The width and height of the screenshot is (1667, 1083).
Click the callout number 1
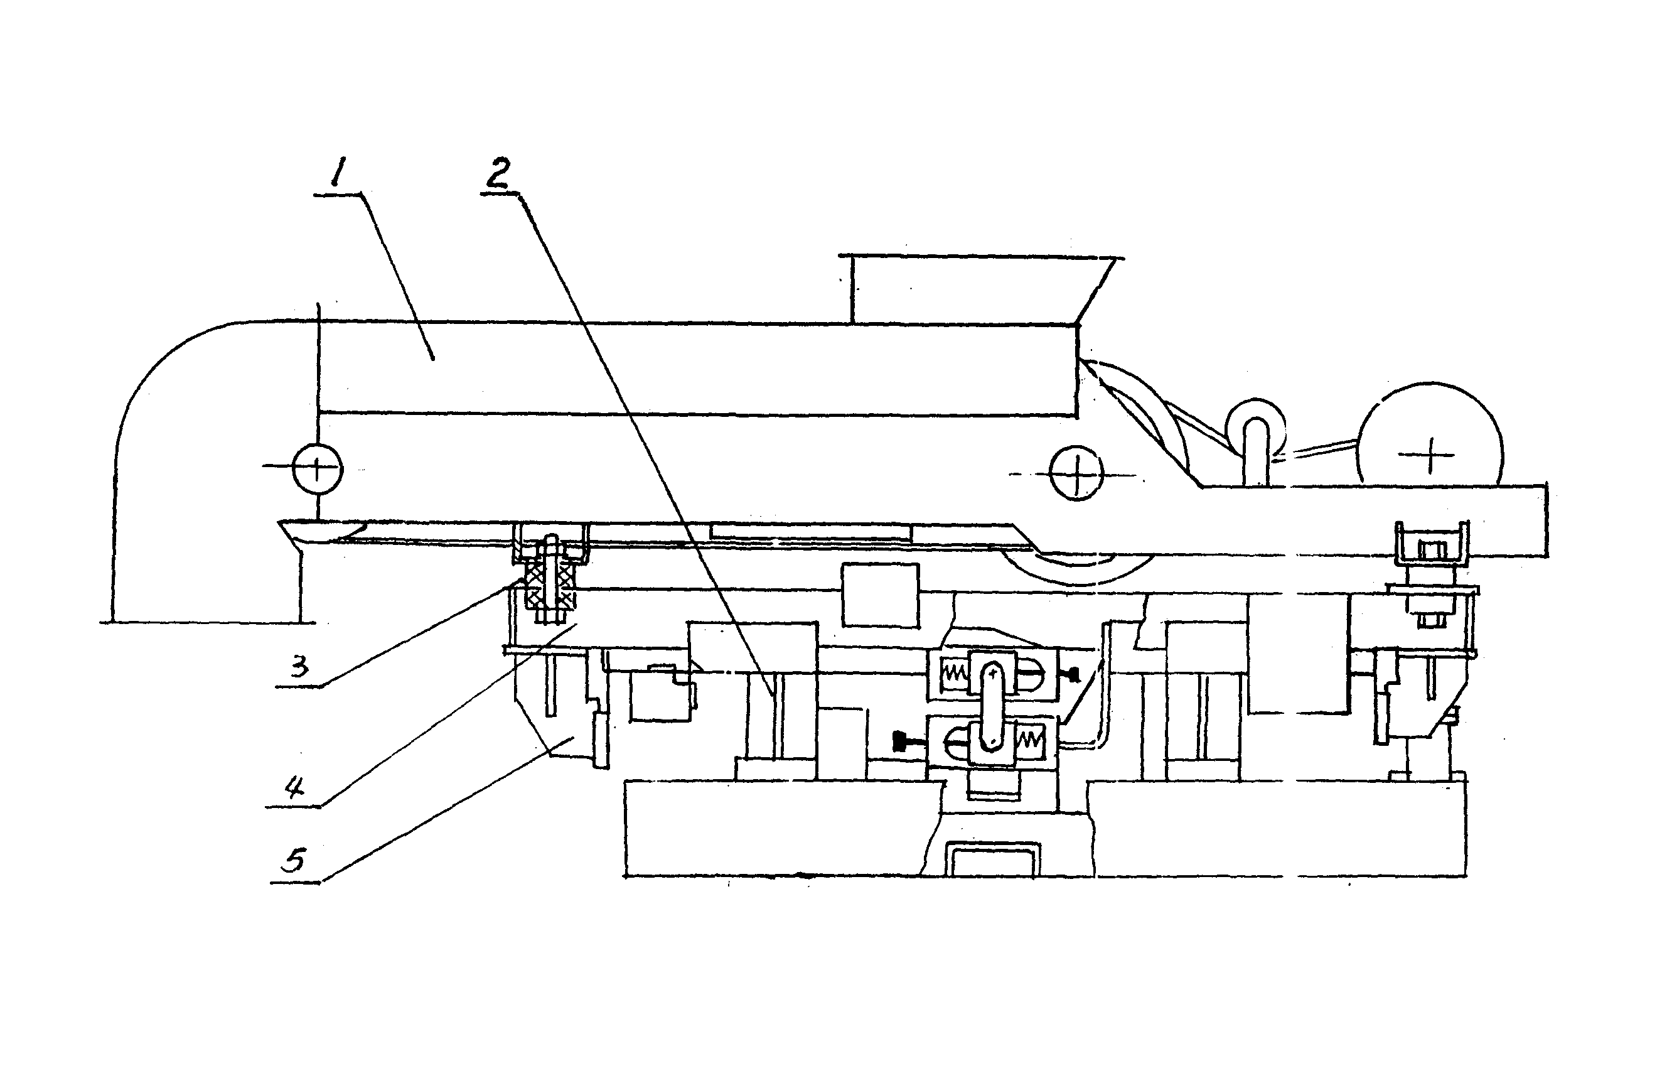click(338, 171)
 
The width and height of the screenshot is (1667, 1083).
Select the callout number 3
click(300, 667)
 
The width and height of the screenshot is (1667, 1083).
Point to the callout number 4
click(295, 788)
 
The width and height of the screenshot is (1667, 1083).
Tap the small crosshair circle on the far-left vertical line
click(318, 468)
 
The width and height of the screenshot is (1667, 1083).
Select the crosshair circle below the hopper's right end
click(1076, 473)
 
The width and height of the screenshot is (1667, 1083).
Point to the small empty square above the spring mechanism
click(880, 595)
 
